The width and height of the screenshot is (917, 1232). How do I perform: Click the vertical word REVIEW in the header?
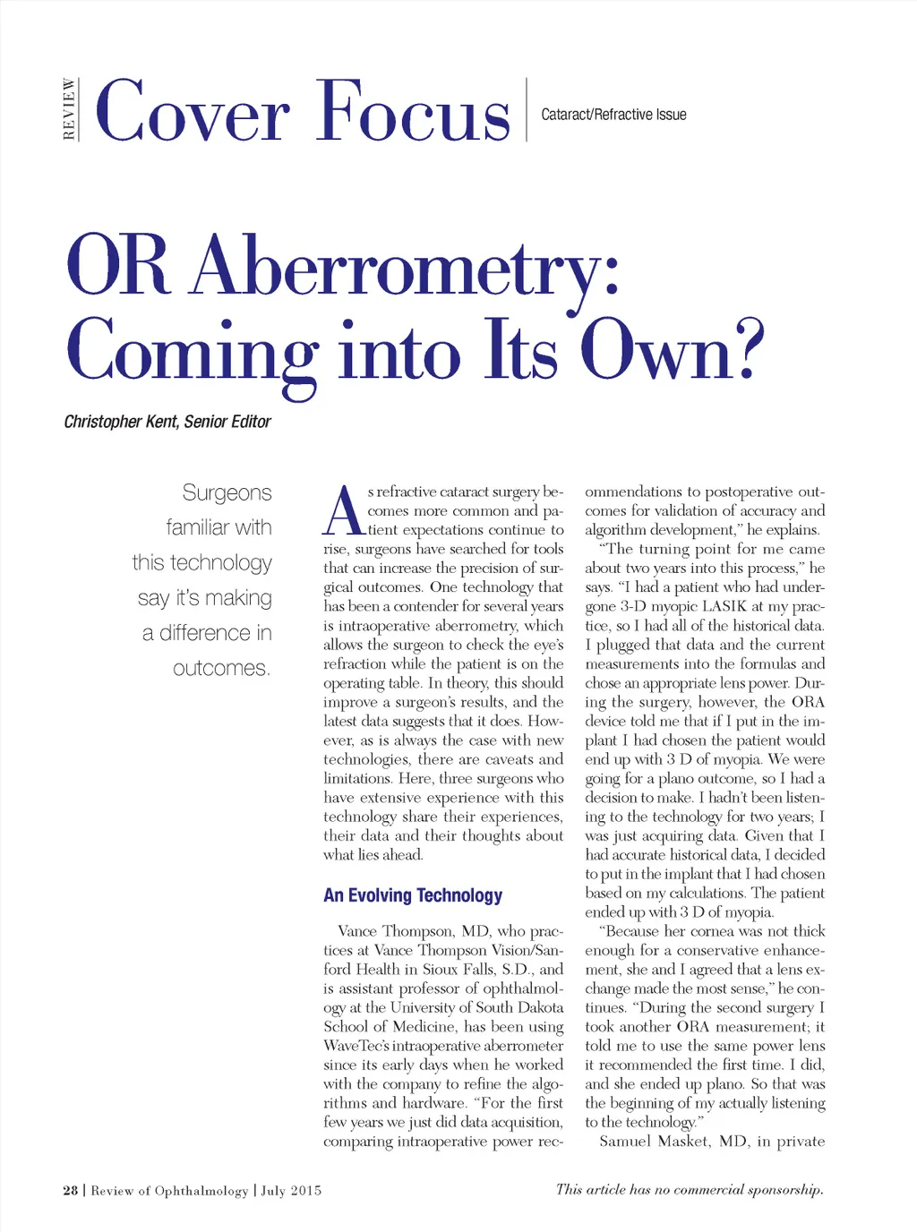(x=69, y=110)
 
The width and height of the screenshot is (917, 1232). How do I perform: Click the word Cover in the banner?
(x=193, y=112)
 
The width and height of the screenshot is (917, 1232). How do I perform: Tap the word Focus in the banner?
(x=413, y=112)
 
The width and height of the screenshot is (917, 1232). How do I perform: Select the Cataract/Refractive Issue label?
(x=613, y=115)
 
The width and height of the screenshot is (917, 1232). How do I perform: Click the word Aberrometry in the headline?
(x=405, y=267)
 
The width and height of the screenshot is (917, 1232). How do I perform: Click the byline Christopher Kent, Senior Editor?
(x=167, y=422)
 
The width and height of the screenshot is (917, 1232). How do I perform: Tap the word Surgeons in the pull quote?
(x=227, y=492)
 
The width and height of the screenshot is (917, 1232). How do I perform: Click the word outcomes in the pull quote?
(x=221, y=668)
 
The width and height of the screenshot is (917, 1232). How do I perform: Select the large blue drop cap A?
(x=344, y=512)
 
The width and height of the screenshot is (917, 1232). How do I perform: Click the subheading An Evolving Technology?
(x=413, y=895)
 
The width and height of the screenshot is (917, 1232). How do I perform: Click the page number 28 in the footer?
(x=71, y=1191)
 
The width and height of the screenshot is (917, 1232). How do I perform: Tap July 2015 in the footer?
(x=291, y=1191)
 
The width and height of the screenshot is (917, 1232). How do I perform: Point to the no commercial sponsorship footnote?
(x=689, y=1190)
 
